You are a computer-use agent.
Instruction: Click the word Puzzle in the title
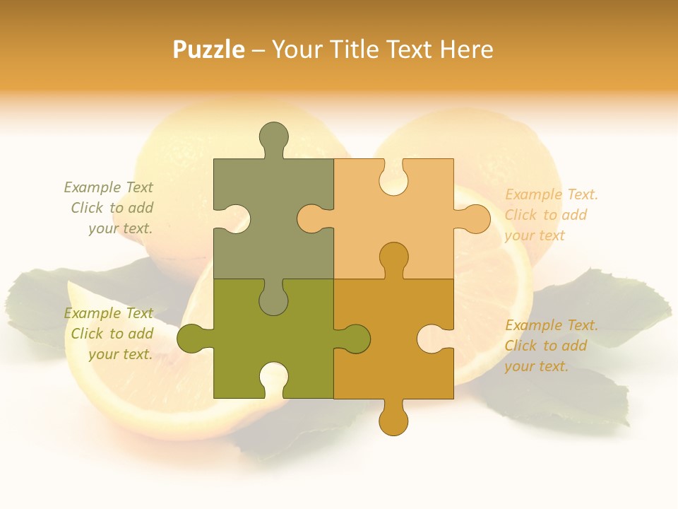tap(209, 49)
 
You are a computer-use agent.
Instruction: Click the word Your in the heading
tap(296, 49)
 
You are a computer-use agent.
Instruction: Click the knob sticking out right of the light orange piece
tap(475, 218)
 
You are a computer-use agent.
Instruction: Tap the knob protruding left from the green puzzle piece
tap(192, 338)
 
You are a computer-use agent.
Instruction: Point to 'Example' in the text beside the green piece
tap(91, 313)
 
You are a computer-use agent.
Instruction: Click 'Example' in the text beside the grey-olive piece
tap(91, 187)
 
